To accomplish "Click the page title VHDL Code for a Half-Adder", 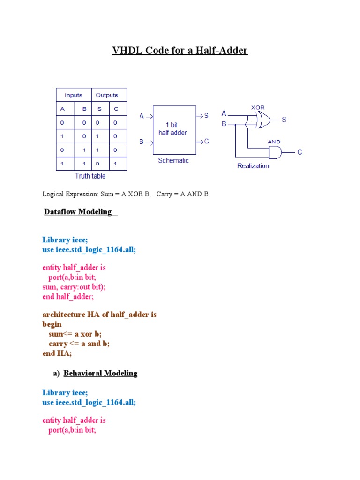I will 180,50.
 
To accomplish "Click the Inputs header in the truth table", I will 73,95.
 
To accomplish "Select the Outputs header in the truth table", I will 107,95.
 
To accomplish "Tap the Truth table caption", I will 90,176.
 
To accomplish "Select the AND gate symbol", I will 274,152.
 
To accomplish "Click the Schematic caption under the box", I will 173,160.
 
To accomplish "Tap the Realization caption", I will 253,166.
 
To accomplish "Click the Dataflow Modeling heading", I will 79,212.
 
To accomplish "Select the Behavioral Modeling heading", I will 100,374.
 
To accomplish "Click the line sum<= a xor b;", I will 75,334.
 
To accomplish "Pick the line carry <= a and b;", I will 79,344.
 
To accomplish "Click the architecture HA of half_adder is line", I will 99,315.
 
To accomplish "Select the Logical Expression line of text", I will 125,194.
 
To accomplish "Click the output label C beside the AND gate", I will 300,152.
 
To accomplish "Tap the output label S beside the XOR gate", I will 284,120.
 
